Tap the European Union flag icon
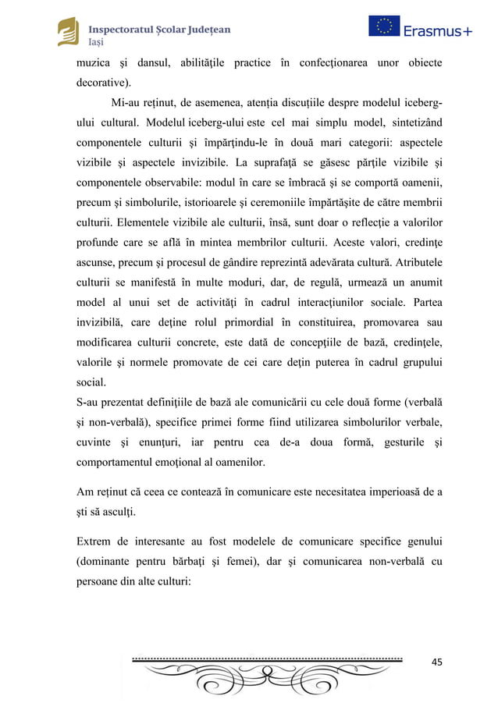pos(384,27)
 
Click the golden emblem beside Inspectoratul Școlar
pos(69,32)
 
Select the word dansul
pos(158,62)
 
